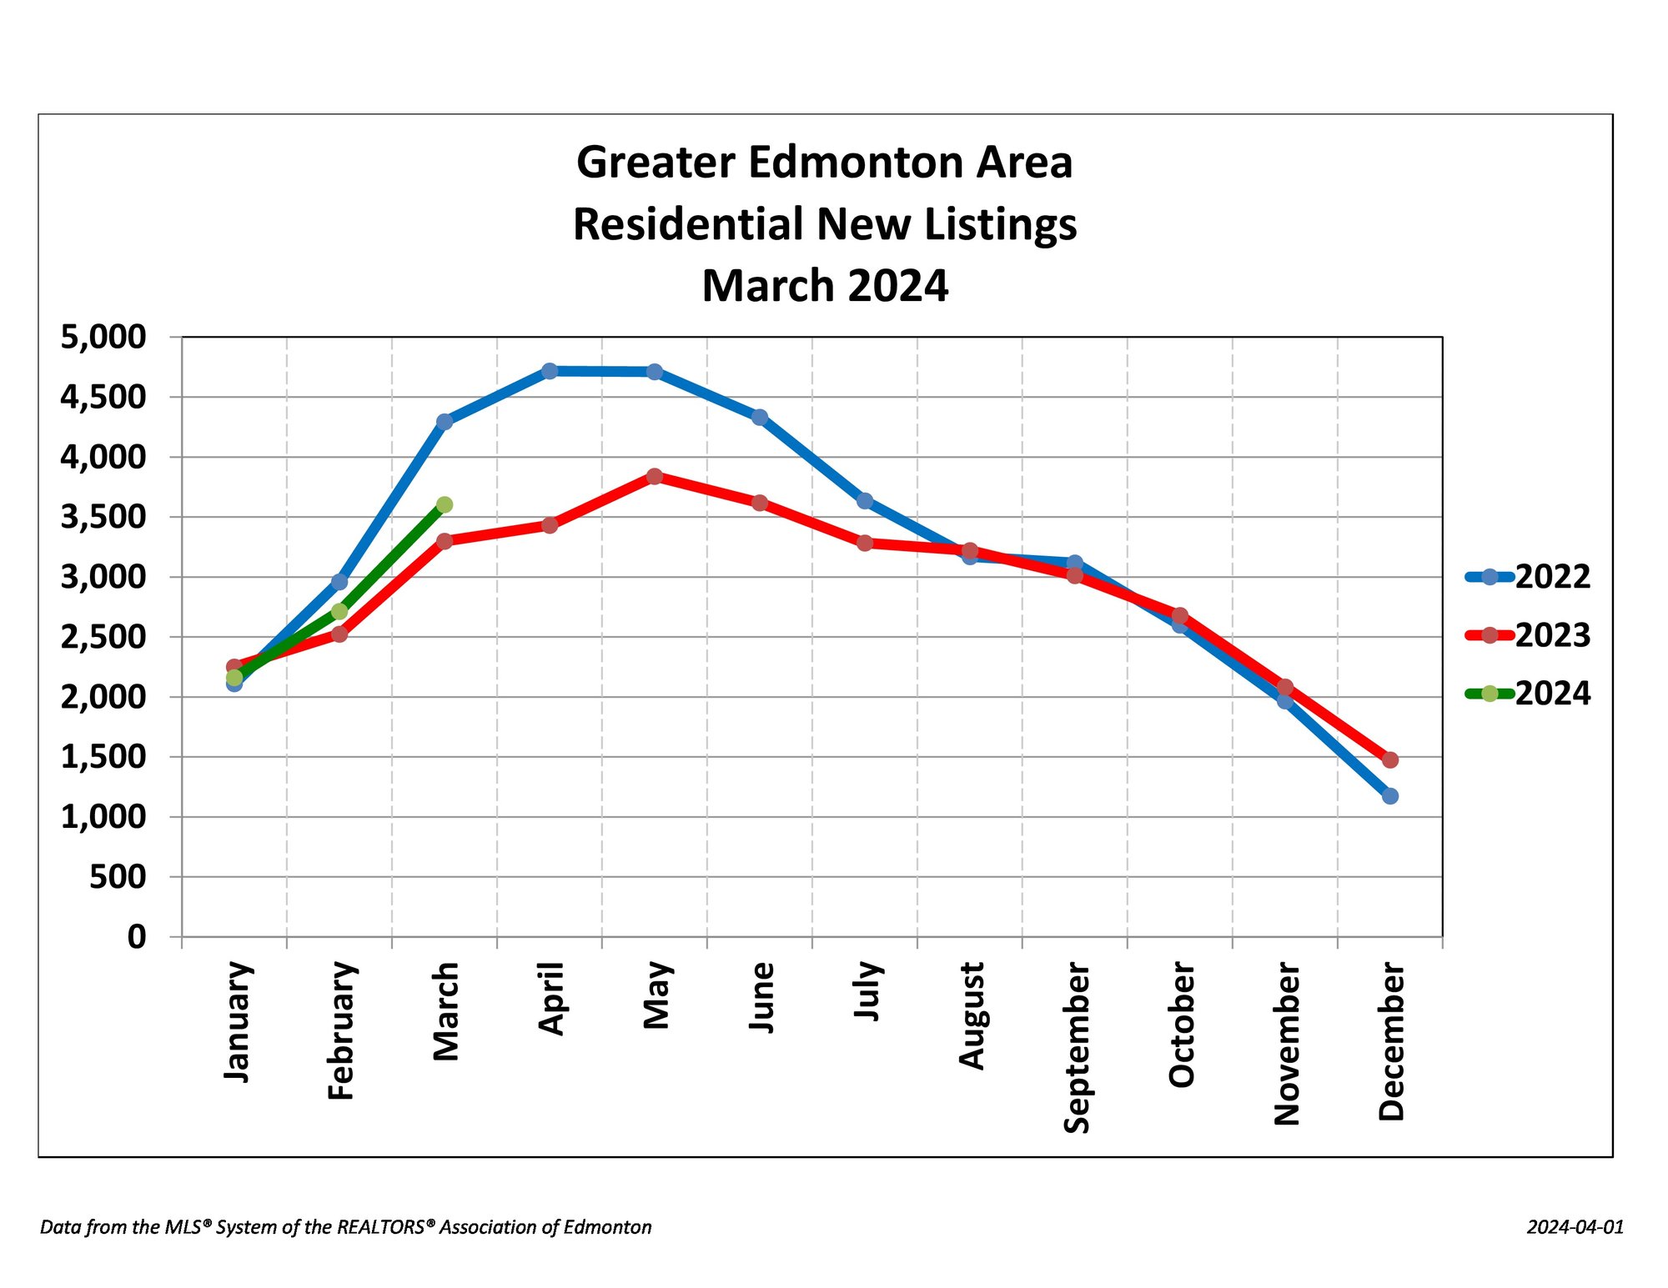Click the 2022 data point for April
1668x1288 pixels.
pos(550,371)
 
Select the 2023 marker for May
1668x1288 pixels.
pos(655,476)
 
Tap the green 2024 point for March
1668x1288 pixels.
pos(445,504)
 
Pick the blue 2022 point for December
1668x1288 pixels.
pos(1390,796)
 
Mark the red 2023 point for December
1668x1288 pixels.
pos(1390,759)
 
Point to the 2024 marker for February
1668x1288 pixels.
pos(339,611)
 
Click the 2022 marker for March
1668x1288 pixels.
pos(445,422)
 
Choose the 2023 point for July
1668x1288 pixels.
pos(865,543)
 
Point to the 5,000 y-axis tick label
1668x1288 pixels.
pos(103,337)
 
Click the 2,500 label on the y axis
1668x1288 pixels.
pos(103,637)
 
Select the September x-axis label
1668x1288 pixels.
pos(1076,1048)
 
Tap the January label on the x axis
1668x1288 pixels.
pos(237,1022)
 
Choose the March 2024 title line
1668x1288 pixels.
pos(825,286)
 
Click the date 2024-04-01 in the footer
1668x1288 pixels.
pos(1575,1227)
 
